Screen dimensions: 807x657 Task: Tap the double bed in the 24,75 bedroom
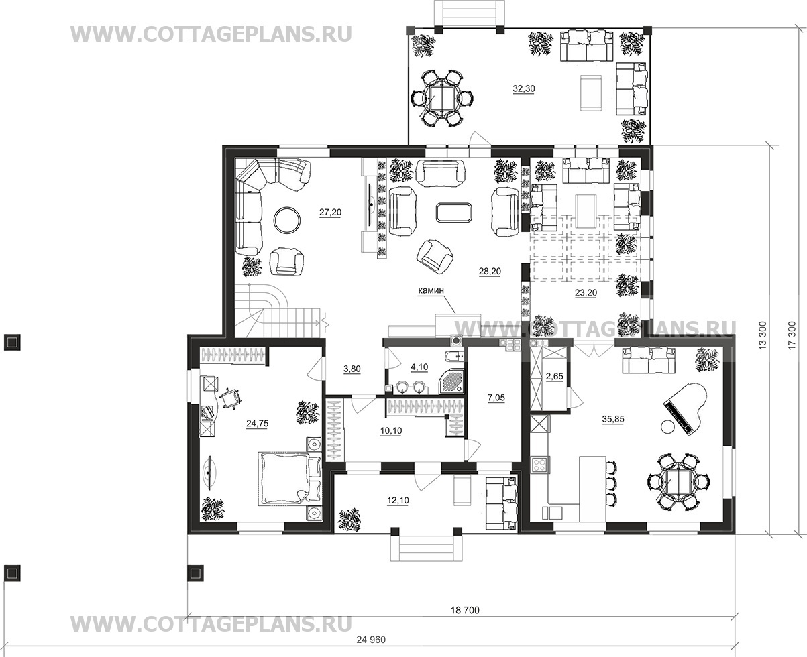pos(284,479)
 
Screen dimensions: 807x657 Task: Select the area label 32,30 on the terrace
pos(524,88)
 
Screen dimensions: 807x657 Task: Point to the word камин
pos(431,290)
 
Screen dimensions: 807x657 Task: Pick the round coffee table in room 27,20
pos(288,221)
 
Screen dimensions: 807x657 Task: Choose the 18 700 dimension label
pos(465,610)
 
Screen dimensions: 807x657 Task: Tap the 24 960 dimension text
pos(371,639)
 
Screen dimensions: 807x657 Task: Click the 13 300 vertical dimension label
pos(763,335)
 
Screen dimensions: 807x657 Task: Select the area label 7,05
pos(496,398)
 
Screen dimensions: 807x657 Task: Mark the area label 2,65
pos(554,376)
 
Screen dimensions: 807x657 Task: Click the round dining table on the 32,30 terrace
pos(441,98)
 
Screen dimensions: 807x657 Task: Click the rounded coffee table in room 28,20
pos(454,213)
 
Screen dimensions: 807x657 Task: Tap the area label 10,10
pos(391,431)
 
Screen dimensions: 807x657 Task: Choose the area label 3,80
pos(352,369)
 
